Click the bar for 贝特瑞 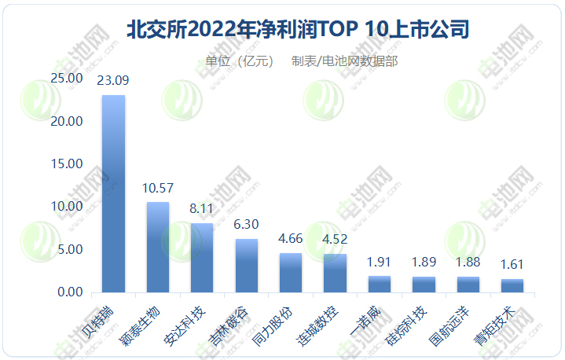pos(114,194)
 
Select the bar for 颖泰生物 pos(158,248)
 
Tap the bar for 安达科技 pos(202,258)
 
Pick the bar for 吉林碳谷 pos(247,266)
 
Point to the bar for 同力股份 pos(291,273)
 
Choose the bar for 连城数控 pos(336,274)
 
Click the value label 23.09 pos(113,80)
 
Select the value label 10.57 pos(158,188)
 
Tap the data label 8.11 pos(202,209)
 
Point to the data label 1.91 pos(380,262)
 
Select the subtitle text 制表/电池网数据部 pos(344,61)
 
